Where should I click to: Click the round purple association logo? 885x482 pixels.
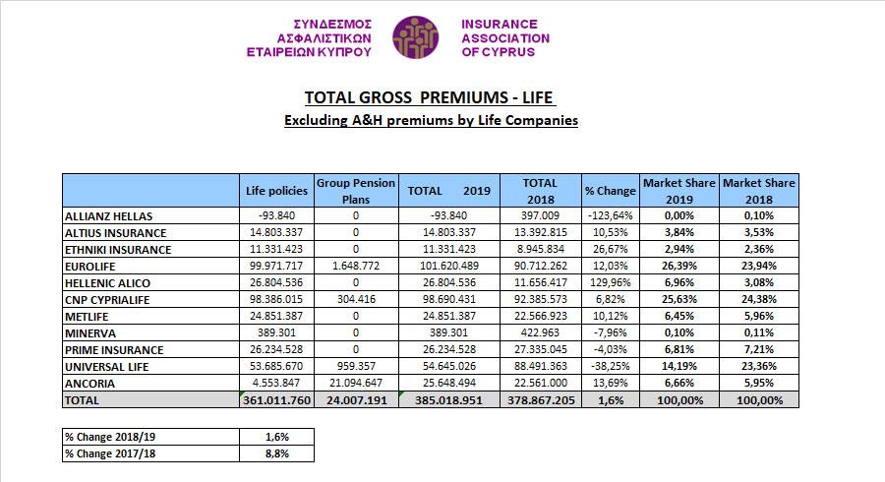pos(415,37)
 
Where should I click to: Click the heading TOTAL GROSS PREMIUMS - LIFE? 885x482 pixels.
pos(429,97)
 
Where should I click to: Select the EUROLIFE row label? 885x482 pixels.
pos(89,267)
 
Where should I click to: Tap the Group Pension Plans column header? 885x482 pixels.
pos(356,191)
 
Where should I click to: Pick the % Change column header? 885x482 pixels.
pos(610,191)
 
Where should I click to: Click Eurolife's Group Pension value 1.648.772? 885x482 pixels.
pos(356,266)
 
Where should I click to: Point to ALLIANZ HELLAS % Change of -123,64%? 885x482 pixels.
pos(610,215)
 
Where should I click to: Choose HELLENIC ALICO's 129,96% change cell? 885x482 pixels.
pos(610,282)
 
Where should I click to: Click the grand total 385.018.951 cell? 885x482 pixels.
pos(448,400)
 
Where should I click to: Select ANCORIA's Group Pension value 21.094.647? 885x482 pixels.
pos(356,383)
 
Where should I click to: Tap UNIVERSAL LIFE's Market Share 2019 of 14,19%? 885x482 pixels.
pos(678,366)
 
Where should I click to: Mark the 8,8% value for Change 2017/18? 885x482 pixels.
pos(276,453)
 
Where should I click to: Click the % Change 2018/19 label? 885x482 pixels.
pos(110,437)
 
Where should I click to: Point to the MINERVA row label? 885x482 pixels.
pos(90,333)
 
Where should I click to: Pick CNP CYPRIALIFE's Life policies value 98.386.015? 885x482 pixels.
pos(276,299)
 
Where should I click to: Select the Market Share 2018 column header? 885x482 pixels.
pos(758,191)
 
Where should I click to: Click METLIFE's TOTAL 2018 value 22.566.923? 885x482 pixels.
pos(540,316)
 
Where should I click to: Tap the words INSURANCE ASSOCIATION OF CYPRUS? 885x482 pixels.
pos(505,37)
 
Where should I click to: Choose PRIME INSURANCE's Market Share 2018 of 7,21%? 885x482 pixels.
pos(758,349)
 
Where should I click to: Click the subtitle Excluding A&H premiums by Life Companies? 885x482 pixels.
pos(431,120)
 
